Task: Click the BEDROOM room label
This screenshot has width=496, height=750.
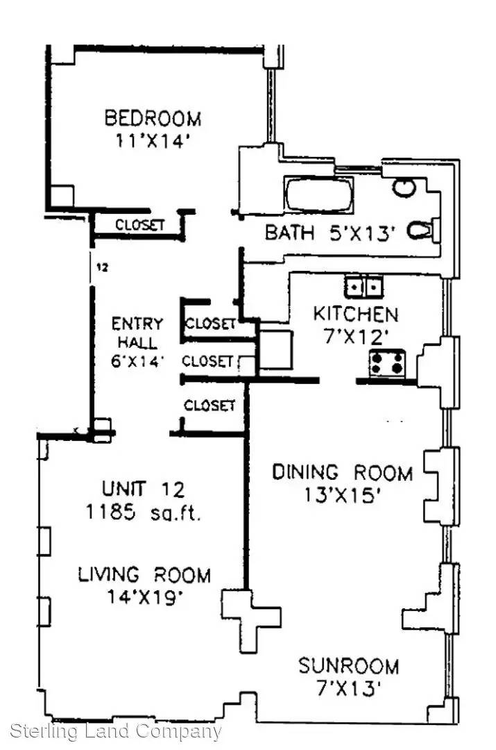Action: coord(153,117)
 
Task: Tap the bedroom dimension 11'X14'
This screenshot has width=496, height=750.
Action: coord(153,141)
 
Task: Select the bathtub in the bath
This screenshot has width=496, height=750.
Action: coord(318,194)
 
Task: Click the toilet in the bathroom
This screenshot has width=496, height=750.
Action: coord(423,230)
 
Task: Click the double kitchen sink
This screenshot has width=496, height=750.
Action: coord(364,287)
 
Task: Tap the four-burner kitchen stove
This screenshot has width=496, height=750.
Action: coord(387,362)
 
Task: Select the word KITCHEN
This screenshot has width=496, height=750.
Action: coord(355,315)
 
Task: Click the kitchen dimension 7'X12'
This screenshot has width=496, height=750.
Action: coord(354,337)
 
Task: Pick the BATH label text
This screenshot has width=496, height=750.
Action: coord(289,233)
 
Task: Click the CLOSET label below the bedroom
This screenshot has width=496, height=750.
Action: coord(140,224)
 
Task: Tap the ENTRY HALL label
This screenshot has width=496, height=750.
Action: coord(137,333)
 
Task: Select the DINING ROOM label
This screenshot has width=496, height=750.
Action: coord(342,473)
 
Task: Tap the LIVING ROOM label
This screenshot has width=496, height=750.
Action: coord(144,574)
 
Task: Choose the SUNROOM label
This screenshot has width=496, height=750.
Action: coord(348,666)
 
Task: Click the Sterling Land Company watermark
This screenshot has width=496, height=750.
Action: coord(116,731)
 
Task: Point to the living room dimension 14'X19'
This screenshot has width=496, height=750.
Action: coord(145,597)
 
